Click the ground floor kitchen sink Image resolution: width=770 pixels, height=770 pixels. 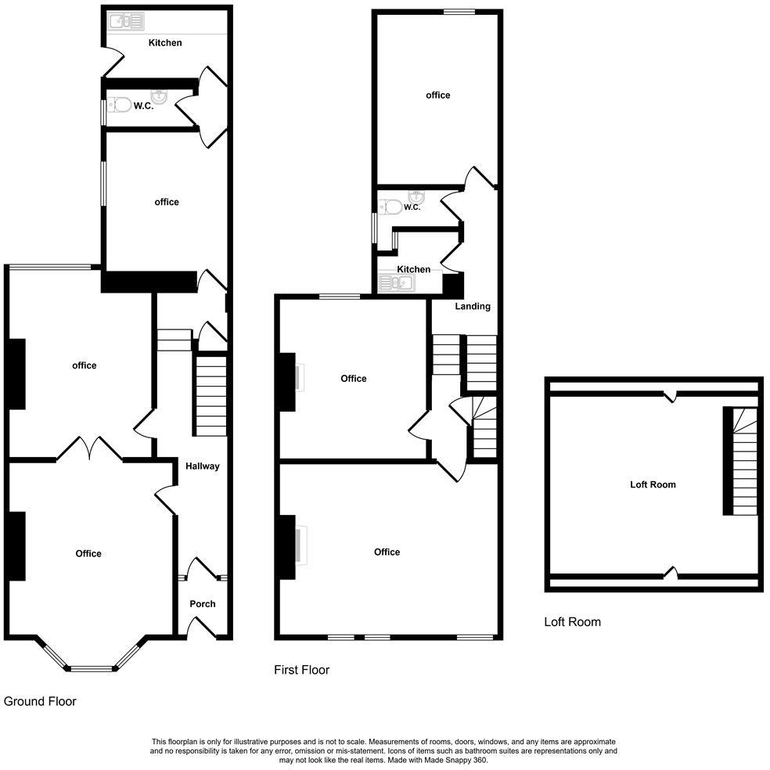pos(126,22)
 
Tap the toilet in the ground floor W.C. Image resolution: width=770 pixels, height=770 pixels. pos(119,105)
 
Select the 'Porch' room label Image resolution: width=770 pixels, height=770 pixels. pos(203,603)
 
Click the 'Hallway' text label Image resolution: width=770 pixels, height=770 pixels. pos(203,466)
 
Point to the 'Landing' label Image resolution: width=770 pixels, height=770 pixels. pos(473,306)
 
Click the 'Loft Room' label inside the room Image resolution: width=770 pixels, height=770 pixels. pos(653,484)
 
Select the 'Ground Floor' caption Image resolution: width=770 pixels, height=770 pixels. pos(40,701)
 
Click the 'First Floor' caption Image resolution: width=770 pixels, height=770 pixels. pos(301,670)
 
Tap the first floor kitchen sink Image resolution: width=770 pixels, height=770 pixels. pos(395,282)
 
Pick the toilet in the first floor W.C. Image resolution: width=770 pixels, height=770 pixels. pos(390,207)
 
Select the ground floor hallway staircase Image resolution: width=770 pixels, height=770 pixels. pos(210,396)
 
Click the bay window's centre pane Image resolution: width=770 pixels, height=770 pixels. pos(92,668)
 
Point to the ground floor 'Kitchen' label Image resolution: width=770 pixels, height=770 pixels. pos(165,42)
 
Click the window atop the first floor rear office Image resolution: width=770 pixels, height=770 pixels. pos(459,11)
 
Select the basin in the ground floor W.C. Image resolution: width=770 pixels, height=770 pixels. pos(158,96)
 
